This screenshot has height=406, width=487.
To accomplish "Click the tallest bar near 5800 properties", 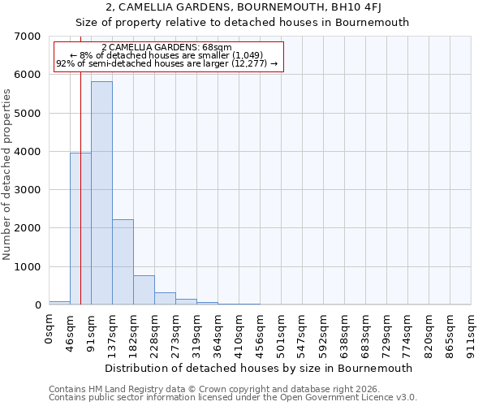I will [x=101, y=193].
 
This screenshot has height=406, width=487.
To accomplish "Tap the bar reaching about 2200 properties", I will [x=123, y=262].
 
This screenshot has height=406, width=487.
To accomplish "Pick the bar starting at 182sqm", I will [x=144, y=290].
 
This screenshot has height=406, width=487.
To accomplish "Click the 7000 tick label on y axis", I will [x=28, y=37].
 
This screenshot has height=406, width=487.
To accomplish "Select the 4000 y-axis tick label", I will [x=28, y=152].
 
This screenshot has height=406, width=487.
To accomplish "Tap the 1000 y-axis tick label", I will [x=28, y=267].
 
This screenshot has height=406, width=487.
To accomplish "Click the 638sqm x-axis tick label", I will [x=345, y=334].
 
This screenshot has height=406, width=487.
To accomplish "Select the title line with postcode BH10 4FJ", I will [x=243, y=9].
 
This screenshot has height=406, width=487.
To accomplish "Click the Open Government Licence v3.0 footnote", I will [x=233, y=398].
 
